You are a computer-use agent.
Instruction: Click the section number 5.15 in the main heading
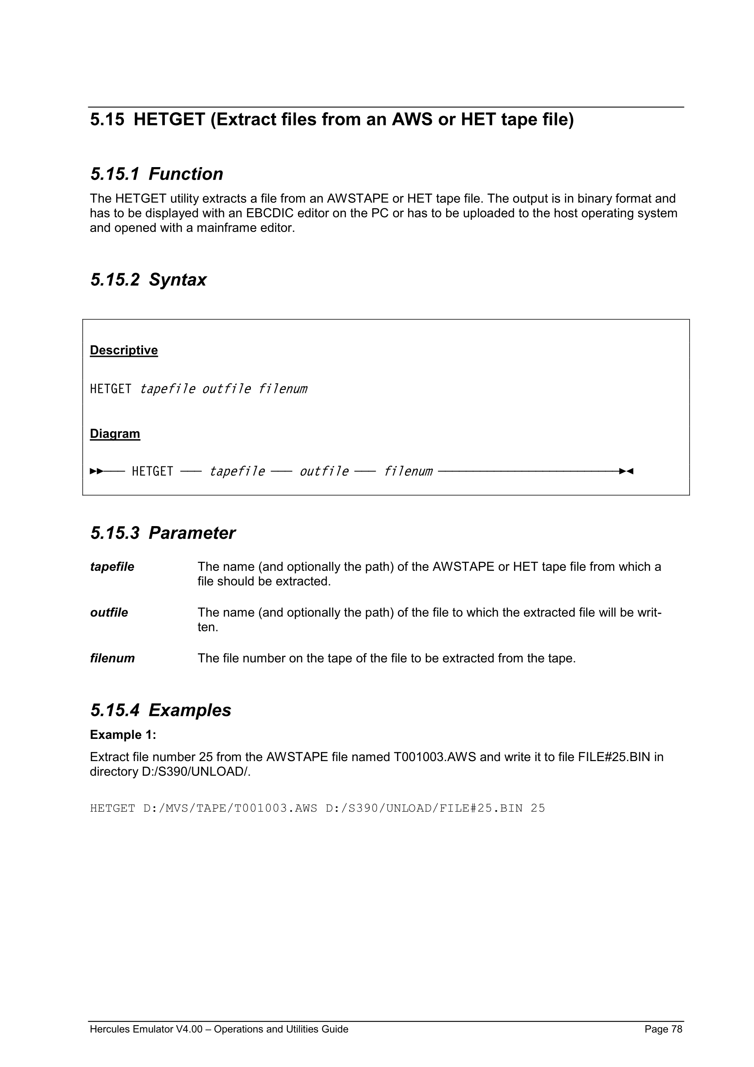click(107, 119)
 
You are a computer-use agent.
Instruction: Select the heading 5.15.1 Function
click(157, 174)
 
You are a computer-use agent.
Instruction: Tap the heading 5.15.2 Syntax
click(148, 280)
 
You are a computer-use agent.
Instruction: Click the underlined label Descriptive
click(123, 350)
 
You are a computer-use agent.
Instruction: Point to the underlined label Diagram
click(115, 433)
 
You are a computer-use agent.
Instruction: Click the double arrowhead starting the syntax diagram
click(97, 471)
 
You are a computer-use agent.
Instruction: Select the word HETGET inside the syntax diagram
click(152, 471)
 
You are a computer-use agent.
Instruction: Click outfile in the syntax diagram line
click(324, 471)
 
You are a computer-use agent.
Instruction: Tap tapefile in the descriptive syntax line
click(167, 389)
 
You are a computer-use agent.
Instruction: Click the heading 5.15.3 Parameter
click(163, 533)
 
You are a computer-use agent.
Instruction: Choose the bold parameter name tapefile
click(112, 567)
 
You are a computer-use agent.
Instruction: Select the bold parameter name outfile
click(109, 613)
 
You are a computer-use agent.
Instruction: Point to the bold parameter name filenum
click(112, 658)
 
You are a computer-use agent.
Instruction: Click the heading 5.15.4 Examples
click(160, 710)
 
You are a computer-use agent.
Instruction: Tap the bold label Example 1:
click(123, 735)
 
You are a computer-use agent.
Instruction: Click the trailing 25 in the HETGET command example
click(537, 808)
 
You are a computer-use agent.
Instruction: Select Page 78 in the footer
click(663, 1029)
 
